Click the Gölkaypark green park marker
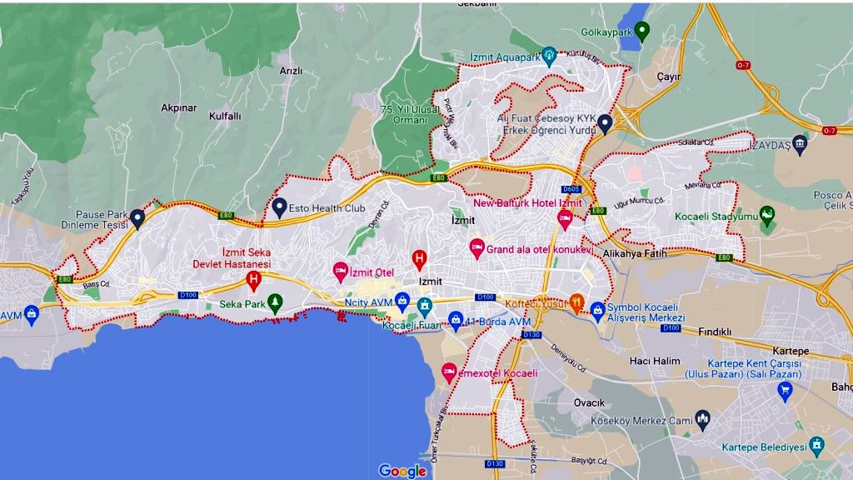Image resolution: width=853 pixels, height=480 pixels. (641, 32)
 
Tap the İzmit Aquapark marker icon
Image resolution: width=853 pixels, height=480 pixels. (548, 56)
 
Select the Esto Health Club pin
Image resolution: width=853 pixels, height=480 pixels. (280, 207)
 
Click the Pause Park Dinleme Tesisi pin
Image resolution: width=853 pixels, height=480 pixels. (137, 218)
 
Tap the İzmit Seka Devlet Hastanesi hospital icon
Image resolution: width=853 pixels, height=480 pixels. (253, 281)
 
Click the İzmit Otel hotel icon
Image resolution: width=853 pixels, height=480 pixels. (340, 271)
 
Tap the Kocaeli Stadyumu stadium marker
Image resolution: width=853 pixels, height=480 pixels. (767, 216)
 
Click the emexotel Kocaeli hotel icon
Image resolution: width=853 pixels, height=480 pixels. (449, 372)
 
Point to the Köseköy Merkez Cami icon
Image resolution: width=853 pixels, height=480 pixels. (702, 419)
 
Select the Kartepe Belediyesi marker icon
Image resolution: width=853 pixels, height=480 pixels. (816, 446)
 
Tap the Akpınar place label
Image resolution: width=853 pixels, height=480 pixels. (179, 107)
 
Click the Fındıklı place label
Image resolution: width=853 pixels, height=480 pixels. (714, 332)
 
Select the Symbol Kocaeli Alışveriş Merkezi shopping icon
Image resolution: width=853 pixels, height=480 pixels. (597, 312)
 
